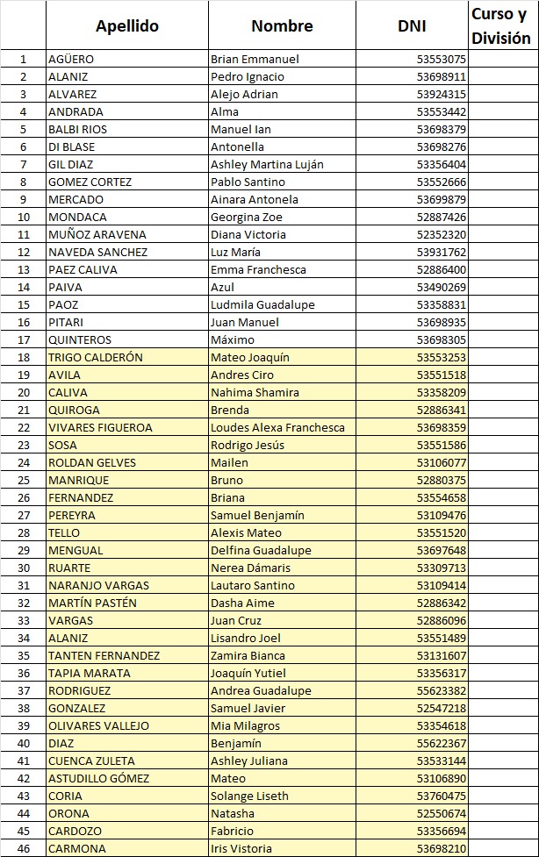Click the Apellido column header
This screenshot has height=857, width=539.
(127, 25)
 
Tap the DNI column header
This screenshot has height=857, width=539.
(412, 25)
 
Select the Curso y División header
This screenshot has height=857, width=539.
(501, 25)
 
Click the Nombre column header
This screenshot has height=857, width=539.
(282, 25)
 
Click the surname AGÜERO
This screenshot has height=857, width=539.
(71, 60)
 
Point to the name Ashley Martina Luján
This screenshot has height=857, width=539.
(267, 165)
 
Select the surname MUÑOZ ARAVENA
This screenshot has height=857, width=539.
(97, 235)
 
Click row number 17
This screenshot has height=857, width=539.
(24, 340)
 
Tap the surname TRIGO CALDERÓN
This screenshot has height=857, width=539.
(95, 358)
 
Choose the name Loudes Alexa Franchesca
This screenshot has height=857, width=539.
(277, 428)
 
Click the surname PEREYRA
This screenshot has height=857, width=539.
(72, 516)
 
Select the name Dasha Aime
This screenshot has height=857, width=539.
(242, 603)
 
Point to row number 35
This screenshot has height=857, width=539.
(24, 656)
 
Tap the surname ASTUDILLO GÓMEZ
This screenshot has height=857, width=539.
(98, 779)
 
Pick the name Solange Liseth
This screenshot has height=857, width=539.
(249, 796)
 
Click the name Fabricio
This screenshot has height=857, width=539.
(232, 832)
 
